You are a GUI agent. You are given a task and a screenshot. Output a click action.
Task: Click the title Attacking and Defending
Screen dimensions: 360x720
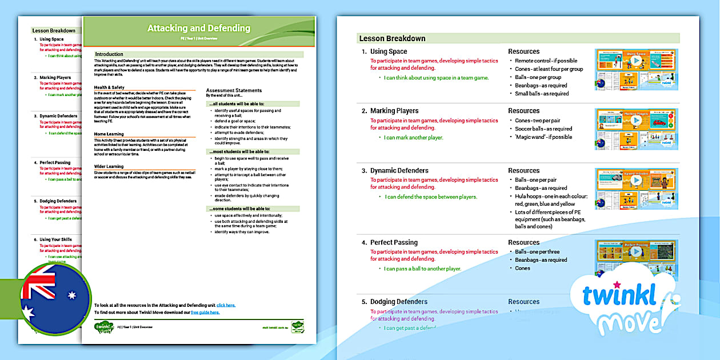tap(198, 28)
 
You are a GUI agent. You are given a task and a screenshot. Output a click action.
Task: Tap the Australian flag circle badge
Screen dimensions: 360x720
tap(55, 299)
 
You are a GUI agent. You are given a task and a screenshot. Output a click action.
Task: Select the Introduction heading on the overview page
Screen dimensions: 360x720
tap(109, 54)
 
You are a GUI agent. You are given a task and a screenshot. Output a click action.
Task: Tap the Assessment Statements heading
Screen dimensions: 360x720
tap(234, 90)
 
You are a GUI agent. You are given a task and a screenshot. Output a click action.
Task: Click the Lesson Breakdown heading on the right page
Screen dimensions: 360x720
tap(392, 38)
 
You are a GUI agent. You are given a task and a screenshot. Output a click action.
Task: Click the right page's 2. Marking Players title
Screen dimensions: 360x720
tap(394, 111)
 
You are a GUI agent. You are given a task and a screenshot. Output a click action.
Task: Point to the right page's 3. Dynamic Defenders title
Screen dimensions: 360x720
tap(399, 170)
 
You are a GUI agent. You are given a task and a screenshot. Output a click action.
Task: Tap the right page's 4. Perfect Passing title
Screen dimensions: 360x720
tap(394, 242)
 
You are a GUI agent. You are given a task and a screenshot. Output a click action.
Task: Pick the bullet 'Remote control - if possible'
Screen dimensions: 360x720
tap(546, 61)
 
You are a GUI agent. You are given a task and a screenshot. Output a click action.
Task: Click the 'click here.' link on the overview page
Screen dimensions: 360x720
tap(226, 305)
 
